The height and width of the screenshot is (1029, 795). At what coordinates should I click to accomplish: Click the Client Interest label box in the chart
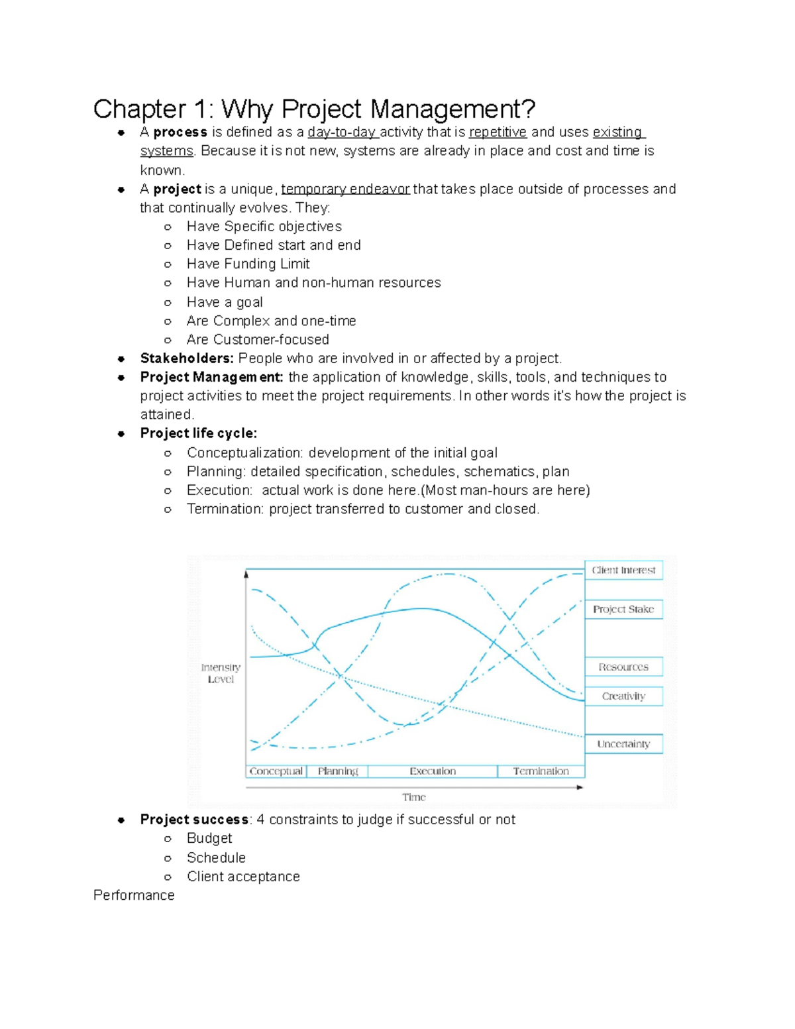623,570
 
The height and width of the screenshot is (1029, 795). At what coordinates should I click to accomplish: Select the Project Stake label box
623,610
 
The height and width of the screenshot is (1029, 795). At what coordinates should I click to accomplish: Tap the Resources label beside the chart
623,667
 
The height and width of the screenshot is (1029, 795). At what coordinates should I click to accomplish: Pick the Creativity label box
623,696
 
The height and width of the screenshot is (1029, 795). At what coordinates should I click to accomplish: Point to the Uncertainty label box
623,744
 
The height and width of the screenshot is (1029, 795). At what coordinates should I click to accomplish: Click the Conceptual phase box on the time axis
276,771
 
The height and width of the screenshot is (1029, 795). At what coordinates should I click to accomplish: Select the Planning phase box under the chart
337,771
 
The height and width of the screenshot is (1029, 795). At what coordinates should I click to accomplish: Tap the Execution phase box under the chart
433,771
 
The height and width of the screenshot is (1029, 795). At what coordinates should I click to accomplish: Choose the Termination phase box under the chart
541,771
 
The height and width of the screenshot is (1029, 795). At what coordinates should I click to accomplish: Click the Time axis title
414,797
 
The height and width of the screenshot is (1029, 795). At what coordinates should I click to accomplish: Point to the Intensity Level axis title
221,673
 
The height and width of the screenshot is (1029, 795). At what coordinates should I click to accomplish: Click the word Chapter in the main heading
139,109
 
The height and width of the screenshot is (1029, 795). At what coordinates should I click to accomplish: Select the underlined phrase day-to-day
342,133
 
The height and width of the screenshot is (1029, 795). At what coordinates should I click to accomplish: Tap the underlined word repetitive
498,133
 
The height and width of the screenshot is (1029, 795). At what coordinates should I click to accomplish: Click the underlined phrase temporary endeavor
345,190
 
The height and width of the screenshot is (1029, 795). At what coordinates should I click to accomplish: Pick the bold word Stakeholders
186,358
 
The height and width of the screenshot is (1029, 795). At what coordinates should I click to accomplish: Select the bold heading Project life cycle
198,433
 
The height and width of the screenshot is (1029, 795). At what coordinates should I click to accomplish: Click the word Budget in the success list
209,838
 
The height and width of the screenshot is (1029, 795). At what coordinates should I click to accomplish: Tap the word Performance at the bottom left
134,895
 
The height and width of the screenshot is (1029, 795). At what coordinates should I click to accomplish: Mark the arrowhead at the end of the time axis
580,787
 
